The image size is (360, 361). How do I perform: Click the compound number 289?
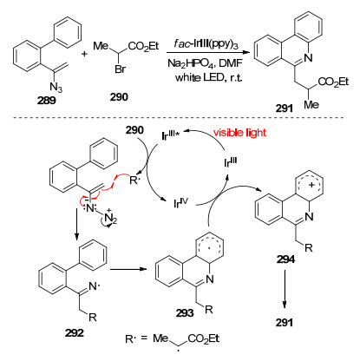46,101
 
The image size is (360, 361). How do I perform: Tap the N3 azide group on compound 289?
56,87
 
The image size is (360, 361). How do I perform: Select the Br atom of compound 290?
120,69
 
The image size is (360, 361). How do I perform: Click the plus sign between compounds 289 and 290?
84,54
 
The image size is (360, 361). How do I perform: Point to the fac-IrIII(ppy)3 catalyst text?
206,45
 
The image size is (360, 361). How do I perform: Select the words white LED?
198,78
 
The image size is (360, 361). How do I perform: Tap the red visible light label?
239,133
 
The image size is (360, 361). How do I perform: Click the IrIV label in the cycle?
180,203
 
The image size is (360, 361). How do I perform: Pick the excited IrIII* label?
172,135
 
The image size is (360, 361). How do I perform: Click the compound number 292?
75,333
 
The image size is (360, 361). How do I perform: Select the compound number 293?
186,312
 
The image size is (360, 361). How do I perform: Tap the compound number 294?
285,259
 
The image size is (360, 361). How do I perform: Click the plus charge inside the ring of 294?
311,186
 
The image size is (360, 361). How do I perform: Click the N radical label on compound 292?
95,286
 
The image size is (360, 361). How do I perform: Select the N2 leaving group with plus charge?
110,217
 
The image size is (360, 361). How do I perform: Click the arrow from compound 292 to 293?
128,269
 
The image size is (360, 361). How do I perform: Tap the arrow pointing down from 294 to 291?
285,289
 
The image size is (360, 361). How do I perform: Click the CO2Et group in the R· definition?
203,339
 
